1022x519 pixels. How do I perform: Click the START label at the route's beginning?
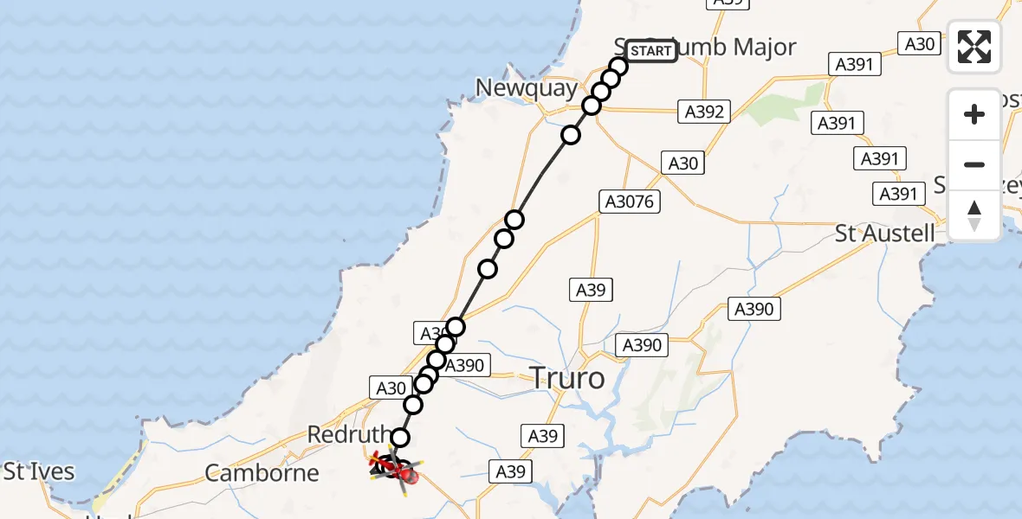coord(650,51)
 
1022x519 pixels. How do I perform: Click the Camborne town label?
coord(262,473)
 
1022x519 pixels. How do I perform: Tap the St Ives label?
coord(38,472)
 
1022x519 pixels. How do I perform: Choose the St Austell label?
coord(884,233)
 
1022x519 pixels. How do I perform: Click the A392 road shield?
coord(703,111)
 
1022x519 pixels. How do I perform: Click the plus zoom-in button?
coord(974,114)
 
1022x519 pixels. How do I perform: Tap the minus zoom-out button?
coord(974,164)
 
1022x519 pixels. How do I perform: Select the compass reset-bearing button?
coord(974,215)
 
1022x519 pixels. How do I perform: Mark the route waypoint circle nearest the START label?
coord(618,67)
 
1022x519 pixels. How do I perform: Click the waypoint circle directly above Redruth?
coord(400,438)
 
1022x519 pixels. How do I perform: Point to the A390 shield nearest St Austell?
coord(754,309)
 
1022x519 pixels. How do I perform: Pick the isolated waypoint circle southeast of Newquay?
coord(571,135)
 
